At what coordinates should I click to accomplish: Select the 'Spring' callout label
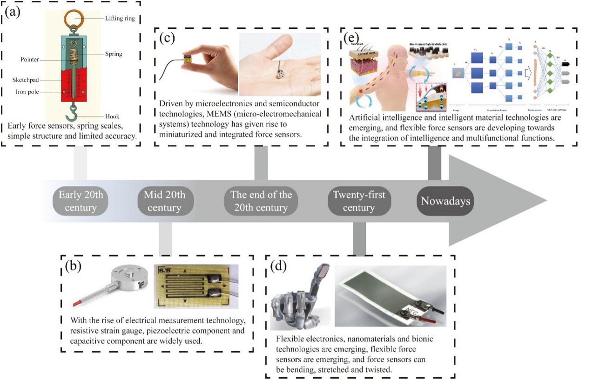click(114, 54)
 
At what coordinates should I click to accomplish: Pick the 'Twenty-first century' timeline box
click(358, 201)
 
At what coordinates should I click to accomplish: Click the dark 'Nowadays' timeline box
click(445, 201)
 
